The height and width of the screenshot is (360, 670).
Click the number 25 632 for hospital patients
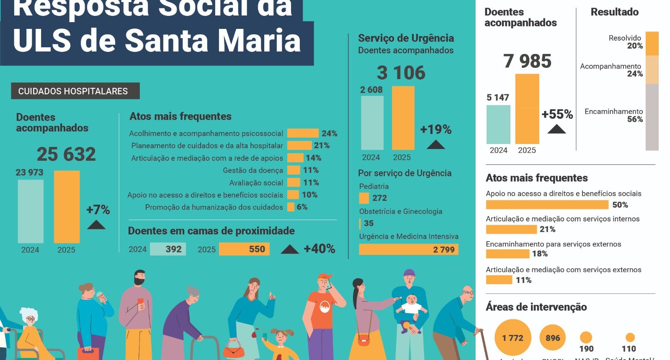66,154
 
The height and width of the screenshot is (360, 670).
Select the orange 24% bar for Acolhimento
303,134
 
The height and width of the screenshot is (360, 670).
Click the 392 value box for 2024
168,249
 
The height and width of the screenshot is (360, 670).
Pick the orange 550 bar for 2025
244,249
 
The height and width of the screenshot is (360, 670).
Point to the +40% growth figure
319,249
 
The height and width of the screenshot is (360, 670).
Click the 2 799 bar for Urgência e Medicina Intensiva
408,249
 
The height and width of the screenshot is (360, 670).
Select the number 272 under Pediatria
379,198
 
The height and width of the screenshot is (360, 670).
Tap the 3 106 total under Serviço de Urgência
401,73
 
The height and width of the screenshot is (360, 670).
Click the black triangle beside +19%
435,145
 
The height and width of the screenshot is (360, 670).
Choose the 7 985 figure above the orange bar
527,61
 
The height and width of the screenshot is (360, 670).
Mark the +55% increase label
557,114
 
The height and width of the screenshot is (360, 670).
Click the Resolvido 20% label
626,42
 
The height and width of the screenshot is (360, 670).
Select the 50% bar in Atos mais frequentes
547,205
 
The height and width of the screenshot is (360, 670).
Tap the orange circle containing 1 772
513,337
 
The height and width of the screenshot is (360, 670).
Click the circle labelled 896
553,337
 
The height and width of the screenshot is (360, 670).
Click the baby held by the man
411,305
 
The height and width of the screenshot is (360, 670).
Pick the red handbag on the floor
234,348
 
